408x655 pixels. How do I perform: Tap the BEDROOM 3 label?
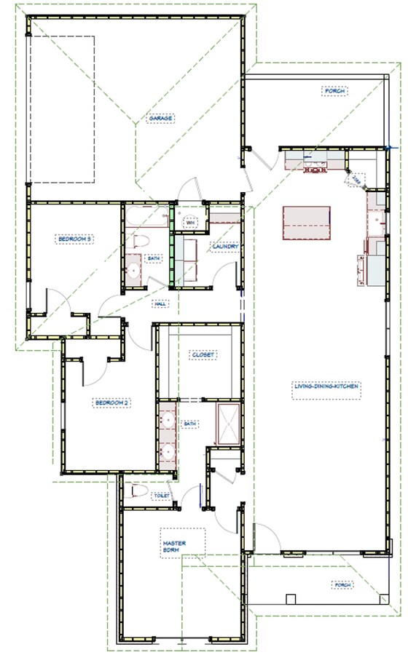tap(73, 238)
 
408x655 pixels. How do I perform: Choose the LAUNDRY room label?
tap(225, 247)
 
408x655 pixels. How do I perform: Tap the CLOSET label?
tap(202, 354)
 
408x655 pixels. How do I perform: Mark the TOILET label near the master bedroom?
tap(161, 496)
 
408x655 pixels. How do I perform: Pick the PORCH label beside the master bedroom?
tap(342, 584)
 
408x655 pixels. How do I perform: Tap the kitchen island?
tap(306, 223)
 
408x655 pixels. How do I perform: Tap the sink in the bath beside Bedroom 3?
tap(133, 271)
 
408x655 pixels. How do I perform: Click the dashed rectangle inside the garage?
tap(61, 109)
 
